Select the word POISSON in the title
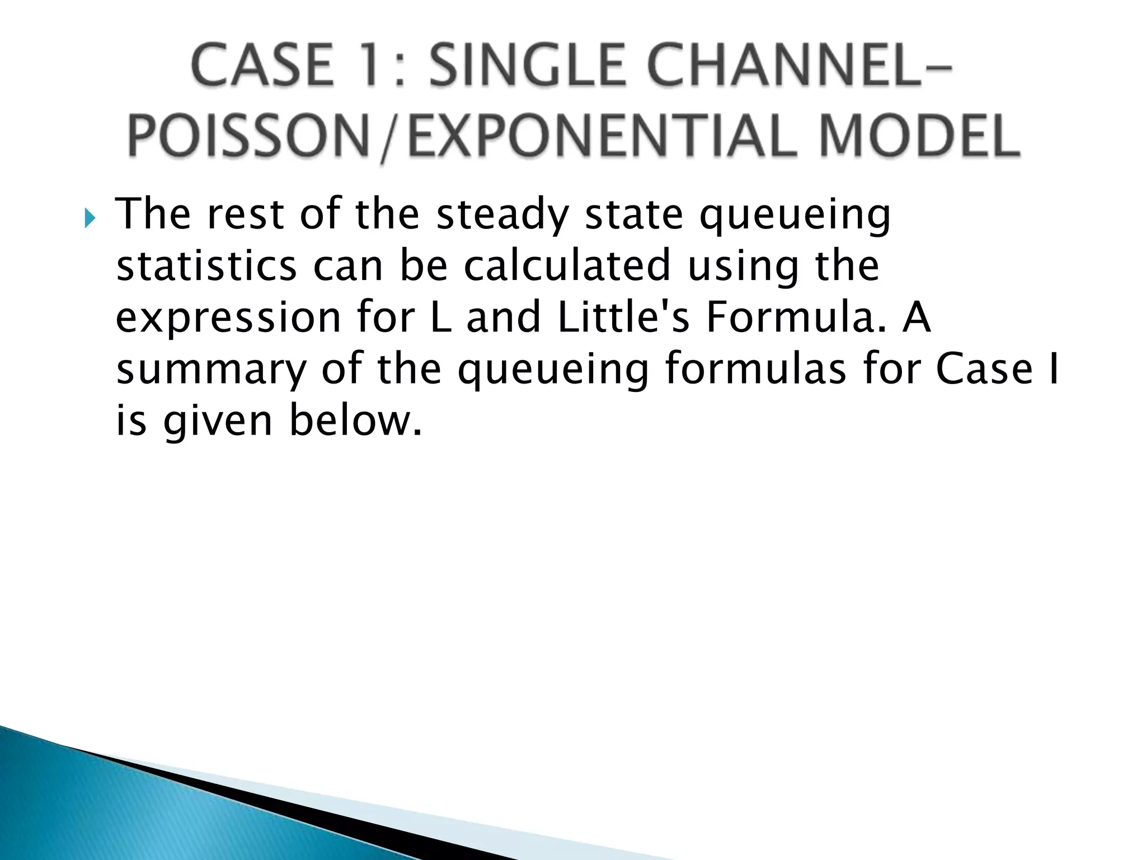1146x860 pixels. coord(248,137)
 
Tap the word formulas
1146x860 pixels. coord(755,370)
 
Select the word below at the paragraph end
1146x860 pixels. coord(355,421)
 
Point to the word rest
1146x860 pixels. coord(245,215)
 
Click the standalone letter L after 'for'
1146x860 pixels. coord(441,317)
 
